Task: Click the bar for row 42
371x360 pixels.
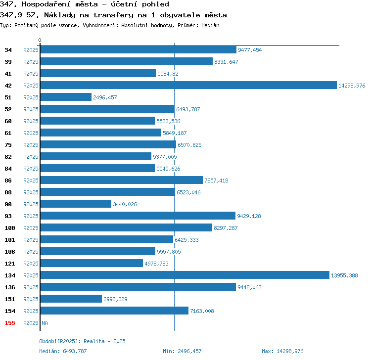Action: tap(188, 85)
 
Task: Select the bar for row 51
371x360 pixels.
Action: tap(66, 97)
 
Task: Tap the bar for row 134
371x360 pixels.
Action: tap(185, 275)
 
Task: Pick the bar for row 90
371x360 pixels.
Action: tap(76, 204)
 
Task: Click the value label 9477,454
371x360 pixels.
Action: tap(250, 50)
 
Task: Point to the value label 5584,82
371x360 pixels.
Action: tap(168, 74)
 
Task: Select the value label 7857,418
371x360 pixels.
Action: tap(216, 180)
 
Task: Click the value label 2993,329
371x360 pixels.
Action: tap(115, 299)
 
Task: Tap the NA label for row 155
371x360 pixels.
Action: tap(45, 323)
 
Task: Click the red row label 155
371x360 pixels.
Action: tap(10, 323)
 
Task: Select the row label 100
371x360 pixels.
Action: tap(10, 228)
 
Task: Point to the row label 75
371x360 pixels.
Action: tap(8, 145)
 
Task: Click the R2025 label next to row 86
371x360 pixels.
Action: tap(31, 180)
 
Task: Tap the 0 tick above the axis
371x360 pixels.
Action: tap(40, 40)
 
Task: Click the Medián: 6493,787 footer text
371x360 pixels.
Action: tap(63, 351)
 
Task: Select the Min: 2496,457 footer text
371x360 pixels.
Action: tap(182, 351)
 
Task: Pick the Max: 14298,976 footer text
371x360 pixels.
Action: tap(282, 351)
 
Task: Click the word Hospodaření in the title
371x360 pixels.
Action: tap(60, 4)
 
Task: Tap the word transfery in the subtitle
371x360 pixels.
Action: tap(113, 15)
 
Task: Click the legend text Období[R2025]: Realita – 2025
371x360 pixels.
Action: tap(82, 341)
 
